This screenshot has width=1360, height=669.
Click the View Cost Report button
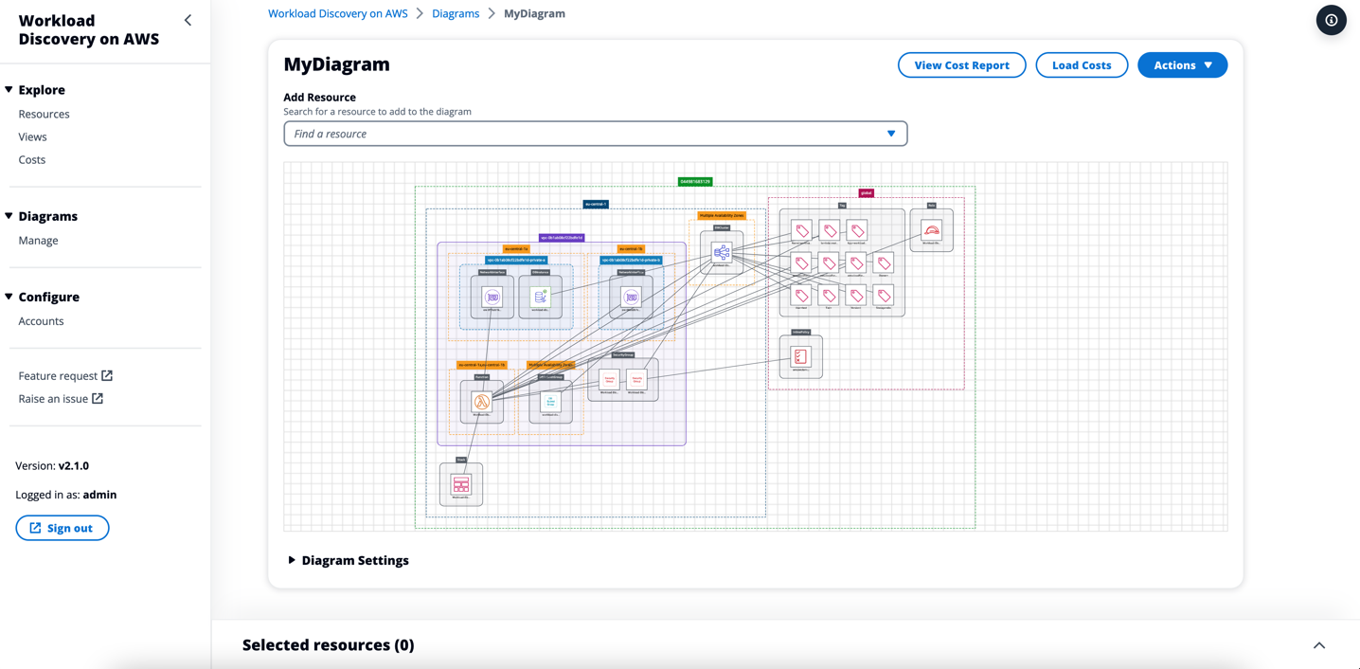[x=961, y=65]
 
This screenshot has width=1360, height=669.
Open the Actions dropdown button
[x=1182, y=65]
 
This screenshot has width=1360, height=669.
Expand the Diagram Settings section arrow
[x=292, y=560]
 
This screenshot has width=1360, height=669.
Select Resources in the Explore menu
[x=44, y=114]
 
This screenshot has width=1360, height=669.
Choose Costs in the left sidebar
[x=32, y=159]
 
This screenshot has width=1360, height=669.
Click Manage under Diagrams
[x=38, y=241]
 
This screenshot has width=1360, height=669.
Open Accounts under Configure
[x=41, y=321]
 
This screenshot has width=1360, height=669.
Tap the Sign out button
[x=63, y=528]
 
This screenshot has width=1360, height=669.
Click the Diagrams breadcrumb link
[x=456, y=13]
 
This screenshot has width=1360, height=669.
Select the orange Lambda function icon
[x=482, y=402]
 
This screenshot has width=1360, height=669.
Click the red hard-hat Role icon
[x=931, y=230]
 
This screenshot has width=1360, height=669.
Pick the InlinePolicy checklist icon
[x=800, y=356]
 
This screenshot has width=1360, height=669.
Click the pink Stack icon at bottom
[x=461, y=484]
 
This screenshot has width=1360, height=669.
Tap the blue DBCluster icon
[x=722, y=252]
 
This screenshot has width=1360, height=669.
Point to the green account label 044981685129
[x=695, y=181]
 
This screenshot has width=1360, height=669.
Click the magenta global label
[x=866, y=192]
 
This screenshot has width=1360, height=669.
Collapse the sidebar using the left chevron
[x=188, y=20]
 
